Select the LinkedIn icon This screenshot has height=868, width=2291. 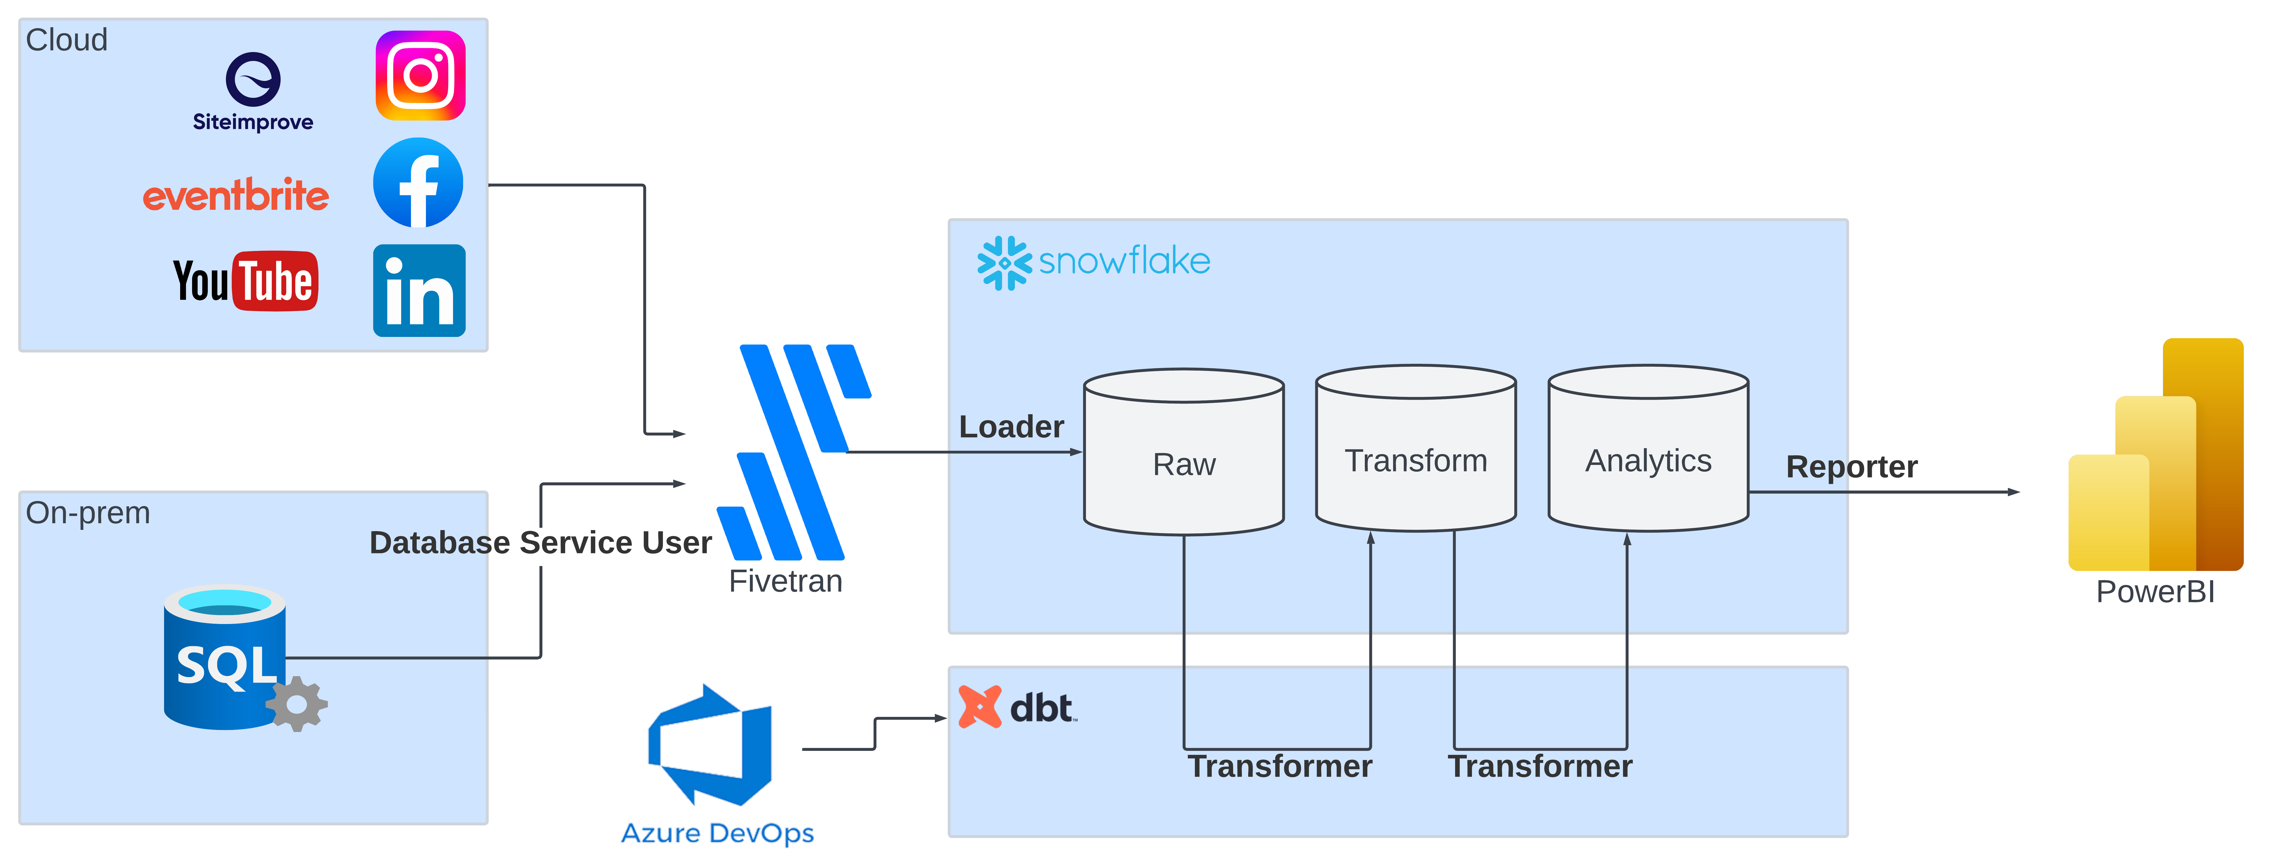click(419, 291)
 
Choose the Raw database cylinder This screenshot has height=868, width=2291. click(1184, 452)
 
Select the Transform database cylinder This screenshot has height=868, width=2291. click(1416, 448)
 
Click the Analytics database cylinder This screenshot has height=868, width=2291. click(1648, 448)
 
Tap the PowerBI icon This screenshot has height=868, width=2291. click(2156, 455)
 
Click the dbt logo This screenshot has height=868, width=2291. click(1018, 707)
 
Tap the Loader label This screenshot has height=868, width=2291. click(1011, 427)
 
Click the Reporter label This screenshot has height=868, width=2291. click(1852, 467)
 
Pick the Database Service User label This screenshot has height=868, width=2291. click(541, 543)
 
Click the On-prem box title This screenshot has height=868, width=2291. click(88, 513)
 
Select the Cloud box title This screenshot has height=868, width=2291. click(67, 40)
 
